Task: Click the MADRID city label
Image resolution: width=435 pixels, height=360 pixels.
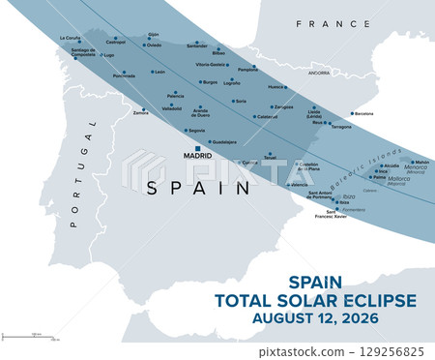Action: [x=199, y=155]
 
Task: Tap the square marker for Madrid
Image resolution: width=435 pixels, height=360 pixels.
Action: [x=199, y=148]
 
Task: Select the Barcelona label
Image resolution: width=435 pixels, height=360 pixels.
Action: [x=363, y=113]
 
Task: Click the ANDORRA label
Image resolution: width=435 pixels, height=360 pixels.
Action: [x=319, y=73]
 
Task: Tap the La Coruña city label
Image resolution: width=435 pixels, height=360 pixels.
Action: [x=70, y=38]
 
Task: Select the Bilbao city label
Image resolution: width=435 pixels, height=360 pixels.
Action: [x=218, y=53]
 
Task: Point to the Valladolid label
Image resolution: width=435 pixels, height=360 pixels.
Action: [x=171, y=108]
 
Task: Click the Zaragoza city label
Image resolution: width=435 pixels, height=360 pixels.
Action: [x=283, y=106]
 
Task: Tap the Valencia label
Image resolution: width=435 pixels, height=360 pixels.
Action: [x=300, y=184]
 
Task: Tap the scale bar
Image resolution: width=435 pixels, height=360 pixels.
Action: [x=30, y=337]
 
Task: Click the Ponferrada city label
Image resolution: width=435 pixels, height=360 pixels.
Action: [x=124, y=75]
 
